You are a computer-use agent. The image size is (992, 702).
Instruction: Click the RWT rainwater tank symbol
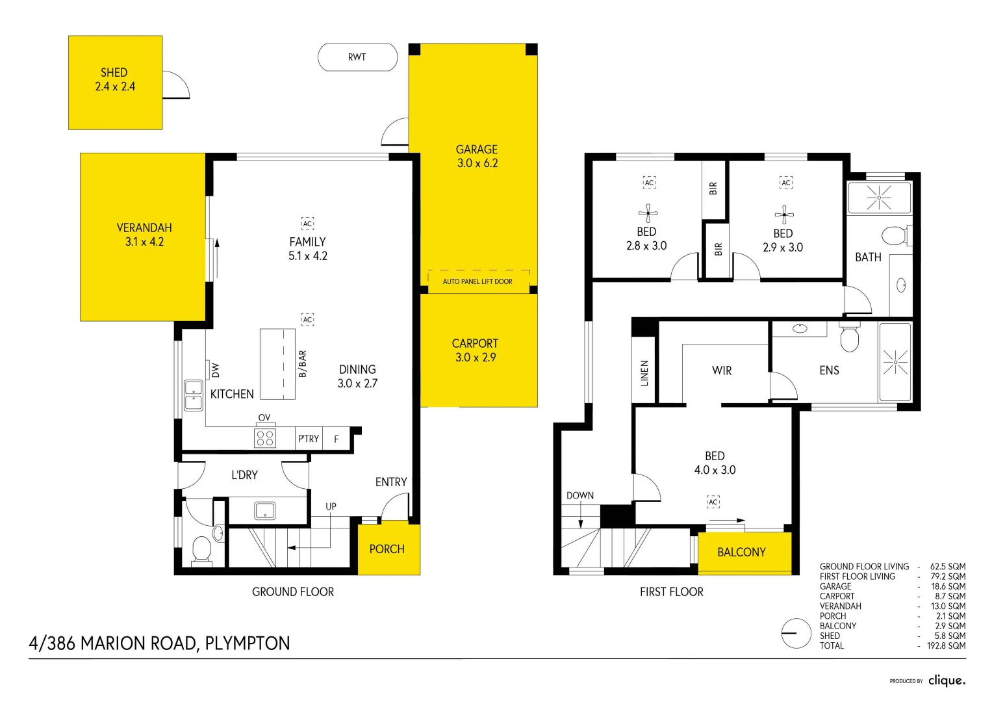357,57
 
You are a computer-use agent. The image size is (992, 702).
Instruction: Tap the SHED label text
114,72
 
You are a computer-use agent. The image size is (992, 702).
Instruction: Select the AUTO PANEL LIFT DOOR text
477,281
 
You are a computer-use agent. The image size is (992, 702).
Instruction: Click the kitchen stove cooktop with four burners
265,437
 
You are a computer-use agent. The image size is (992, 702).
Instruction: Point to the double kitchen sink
194,395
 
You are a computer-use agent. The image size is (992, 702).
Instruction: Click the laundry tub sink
264,510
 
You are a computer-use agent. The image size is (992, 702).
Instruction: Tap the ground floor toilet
202,550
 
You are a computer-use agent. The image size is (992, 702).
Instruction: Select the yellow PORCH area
388,549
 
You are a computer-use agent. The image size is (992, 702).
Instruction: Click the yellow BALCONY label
741,552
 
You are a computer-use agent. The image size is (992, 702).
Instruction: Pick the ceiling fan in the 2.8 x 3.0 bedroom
648,213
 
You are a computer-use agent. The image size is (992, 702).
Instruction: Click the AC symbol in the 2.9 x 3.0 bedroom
786,183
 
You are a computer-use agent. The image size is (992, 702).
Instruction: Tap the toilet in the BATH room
896,235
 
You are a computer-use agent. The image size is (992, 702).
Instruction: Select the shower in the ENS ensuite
895,362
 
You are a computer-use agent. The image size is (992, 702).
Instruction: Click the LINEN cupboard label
644,373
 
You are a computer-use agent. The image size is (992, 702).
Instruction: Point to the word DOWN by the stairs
580,495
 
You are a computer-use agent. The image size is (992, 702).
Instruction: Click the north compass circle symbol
796,632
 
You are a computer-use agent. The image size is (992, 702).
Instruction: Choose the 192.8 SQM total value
946,645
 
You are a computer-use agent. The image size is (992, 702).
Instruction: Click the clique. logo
947,681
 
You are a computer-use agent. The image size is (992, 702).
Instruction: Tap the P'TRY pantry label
309,439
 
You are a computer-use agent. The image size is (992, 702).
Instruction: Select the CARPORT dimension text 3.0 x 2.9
476,357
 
